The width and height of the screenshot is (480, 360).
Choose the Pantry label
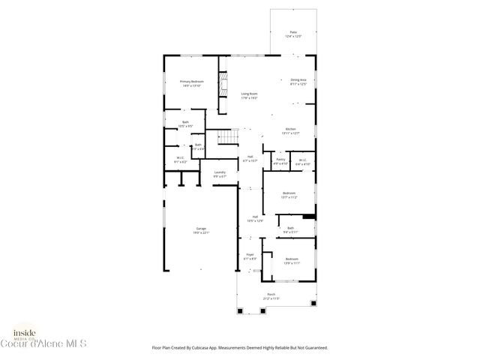[280, 160]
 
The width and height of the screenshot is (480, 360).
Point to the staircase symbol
[228, 136]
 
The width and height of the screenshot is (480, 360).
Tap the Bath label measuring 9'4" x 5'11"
[290, 229]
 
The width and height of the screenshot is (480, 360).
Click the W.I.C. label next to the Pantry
[302, 160]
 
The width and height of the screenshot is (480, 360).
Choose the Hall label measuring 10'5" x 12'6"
[255, 218]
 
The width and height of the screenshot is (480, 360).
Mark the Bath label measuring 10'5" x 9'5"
[185, 124]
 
